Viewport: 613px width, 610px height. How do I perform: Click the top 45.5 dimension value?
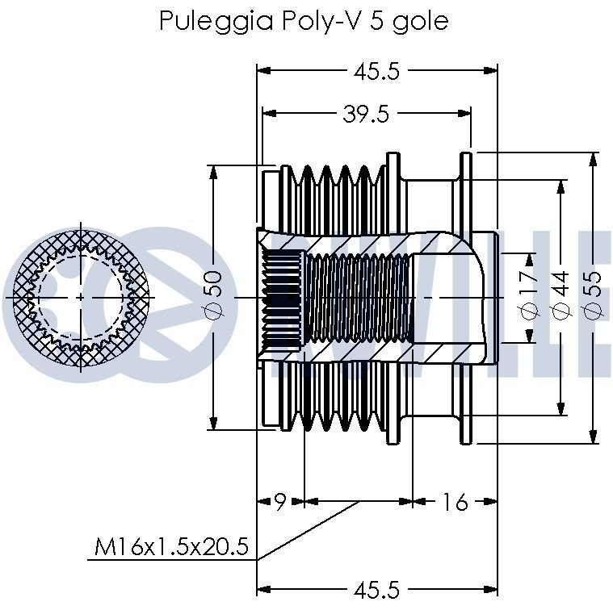pyautogui.click(x=376, y=71)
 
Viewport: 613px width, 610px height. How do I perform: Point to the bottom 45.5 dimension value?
pyautogui.click(x=376, y=591)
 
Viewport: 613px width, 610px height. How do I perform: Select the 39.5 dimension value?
pyautogui.click(x=366, y=115)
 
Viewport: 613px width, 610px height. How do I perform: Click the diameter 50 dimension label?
pyautogui.click(x=212, y=295)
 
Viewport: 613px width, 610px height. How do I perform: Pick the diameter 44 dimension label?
pyautogui.click(x=560, y=295)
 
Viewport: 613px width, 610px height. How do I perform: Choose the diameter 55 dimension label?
pyautogui.click(x=593, y=295)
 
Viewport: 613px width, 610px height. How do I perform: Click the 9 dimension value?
pyautogui.click(x=279, y=502)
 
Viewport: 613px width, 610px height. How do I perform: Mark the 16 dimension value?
pyautogui.click(x=455, y=502)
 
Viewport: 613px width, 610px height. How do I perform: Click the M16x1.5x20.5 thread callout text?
pyautogui.click(x=170, y=549)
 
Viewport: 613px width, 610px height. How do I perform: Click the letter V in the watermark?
pyautogui.click(x=315, y=299)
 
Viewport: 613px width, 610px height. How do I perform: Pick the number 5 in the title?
pyautogui.click(x=375, y=20)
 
